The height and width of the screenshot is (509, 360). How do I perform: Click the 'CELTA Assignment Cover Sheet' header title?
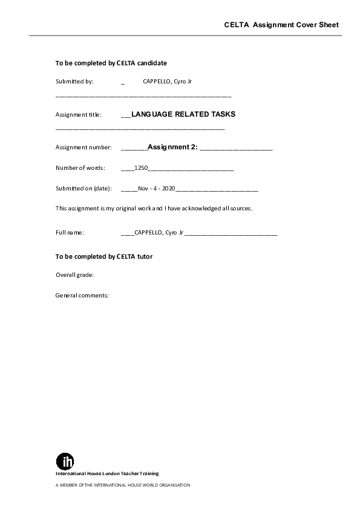point(281,25)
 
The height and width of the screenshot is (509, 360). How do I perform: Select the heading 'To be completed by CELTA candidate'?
point(111,62)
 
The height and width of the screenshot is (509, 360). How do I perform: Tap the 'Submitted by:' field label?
point(74,81)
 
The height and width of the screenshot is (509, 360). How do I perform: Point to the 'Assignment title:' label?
point(79,114)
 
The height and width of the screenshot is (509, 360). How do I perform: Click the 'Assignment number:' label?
point(83,147)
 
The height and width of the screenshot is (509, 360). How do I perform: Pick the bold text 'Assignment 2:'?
point(172,147)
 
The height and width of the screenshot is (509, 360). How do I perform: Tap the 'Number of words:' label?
point(80,167)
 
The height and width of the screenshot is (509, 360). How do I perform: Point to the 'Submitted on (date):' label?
point(83,189)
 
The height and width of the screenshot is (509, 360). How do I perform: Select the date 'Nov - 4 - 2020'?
point(156,189)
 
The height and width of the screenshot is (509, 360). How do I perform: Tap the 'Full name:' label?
point(70,232)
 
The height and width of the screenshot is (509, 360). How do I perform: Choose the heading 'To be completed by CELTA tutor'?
point(104,256)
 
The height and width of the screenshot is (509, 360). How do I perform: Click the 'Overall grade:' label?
point(74,275)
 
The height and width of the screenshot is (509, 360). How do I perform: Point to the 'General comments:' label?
point(82,296)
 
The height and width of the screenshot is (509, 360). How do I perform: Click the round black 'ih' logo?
point(65,461)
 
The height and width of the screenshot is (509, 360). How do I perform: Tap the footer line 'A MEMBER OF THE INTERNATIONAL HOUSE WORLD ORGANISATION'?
point(123,485)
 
